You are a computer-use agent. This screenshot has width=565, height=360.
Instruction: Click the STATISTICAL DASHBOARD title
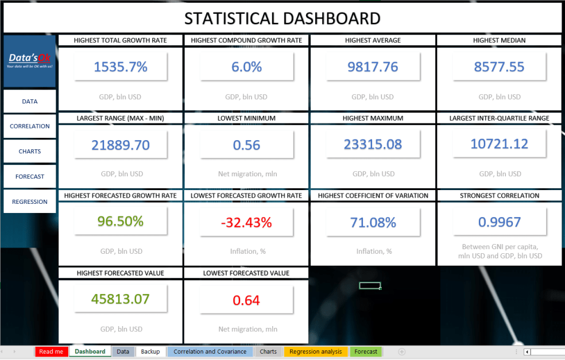[282, 18]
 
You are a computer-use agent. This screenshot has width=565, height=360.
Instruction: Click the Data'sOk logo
[30, 61]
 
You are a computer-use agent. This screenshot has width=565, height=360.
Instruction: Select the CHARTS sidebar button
[30, 152]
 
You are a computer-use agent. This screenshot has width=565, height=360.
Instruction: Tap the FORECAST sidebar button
[30, 177]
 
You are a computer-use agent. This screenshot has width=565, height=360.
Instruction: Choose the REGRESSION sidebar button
[30, 202]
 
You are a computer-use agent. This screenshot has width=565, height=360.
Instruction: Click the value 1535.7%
[121, 67]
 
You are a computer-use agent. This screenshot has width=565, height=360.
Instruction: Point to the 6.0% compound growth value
[246, 67]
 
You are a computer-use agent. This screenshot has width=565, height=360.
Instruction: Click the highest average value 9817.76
[373, 67]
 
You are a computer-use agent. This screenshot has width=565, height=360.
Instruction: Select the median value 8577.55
[499, 67]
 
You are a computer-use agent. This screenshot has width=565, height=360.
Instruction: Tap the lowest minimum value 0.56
[246, 145]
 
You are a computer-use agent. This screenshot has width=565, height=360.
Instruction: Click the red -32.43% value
[246, 222]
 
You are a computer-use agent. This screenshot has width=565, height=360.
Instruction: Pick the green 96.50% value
[121, 222]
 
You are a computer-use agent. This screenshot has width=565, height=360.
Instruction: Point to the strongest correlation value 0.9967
[499, 222]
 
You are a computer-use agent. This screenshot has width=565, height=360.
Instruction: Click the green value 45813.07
[121, 299]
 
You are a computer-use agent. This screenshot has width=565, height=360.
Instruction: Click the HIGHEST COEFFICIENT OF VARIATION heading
[373, 196]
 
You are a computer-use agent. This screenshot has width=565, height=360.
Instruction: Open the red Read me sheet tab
[51, 351]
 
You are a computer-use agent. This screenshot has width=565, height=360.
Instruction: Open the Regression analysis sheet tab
[315, 351]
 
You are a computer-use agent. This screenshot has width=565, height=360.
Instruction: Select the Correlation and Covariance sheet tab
[210, 351]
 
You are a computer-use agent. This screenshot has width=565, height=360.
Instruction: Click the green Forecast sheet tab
[366, 351]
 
